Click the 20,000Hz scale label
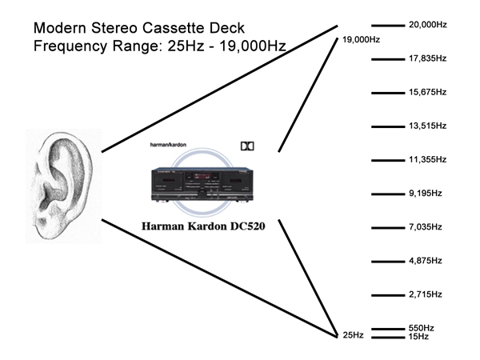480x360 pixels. coord(427,25)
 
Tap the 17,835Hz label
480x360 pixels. coord(427,58)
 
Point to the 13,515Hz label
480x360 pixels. coord(427,126)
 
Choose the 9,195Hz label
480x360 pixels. coord(425,194)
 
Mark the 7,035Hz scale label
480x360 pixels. coord(425,227)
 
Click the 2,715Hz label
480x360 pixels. coord(425,294)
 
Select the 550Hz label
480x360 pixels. coord(421,328)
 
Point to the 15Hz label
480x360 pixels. coord(418,337)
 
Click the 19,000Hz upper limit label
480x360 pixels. coord(360,39)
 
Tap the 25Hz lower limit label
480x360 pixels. coord(352,335)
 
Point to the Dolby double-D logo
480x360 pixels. coord(247,146)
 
